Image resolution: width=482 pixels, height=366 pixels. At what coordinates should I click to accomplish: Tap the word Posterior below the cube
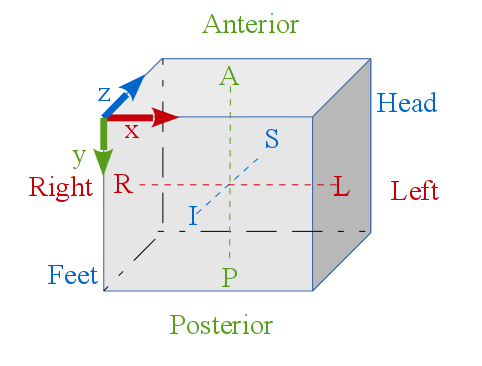tap(221, 325)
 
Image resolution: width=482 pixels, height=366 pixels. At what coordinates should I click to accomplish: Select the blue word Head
tap(407, 103)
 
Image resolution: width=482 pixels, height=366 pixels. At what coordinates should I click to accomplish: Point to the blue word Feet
tap(73, 275)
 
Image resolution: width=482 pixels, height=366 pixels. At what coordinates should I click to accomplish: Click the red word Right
tap(60, 188)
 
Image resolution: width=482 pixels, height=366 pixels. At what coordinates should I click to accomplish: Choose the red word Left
tap(415, 191)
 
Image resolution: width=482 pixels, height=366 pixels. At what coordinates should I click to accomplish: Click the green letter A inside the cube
tap(229, 76)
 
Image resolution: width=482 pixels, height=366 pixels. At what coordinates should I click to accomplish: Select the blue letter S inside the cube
tap(271, 139)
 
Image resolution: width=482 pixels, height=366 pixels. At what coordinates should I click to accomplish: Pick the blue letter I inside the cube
tap(193, 216)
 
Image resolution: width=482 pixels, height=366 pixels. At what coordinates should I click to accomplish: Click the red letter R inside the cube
tap(122, 184)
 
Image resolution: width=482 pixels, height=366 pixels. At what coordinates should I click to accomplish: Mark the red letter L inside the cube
tap(341, 186)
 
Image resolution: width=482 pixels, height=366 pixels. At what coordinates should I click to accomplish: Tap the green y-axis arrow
tap(103, 146)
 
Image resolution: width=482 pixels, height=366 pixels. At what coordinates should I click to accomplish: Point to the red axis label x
tap(131, 132)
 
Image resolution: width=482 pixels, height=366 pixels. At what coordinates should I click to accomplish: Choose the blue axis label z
tap(104, 95)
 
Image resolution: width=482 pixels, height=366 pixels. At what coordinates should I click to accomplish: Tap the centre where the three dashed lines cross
tap(230, 185)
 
